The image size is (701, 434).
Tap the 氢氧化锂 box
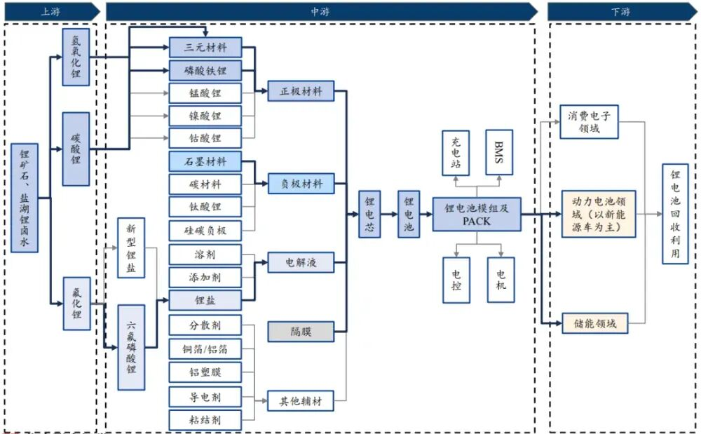(x=76, y=57)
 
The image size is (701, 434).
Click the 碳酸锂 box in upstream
(x=76, y=149)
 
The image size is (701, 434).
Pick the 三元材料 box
(x=205, y=48)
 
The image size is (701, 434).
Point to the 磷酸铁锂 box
(x=205, y=70)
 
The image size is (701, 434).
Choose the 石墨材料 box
(x=205, y=161)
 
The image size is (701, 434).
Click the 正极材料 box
(x=301, y=91)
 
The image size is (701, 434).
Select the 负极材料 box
(x=301, y=184)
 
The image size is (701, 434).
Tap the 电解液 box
(x=301, y=263)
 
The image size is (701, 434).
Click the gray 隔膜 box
(x=301, y=332)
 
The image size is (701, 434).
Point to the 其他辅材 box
(x=301, y=401)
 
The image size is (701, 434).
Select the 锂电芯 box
(x=369, y=214)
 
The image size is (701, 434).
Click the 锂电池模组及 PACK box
(x=476, y=214)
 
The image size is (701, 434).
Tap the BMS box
(x=500, y=151)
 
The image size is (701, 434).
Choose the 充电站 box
(x=456, y=151)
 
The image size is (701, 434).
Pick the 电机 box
(x=501, y=279)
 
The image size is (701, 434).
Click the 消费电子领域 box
(x=590, y=122)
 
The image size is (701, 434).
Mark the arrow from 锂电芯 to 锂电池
(x=389, y=214)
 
